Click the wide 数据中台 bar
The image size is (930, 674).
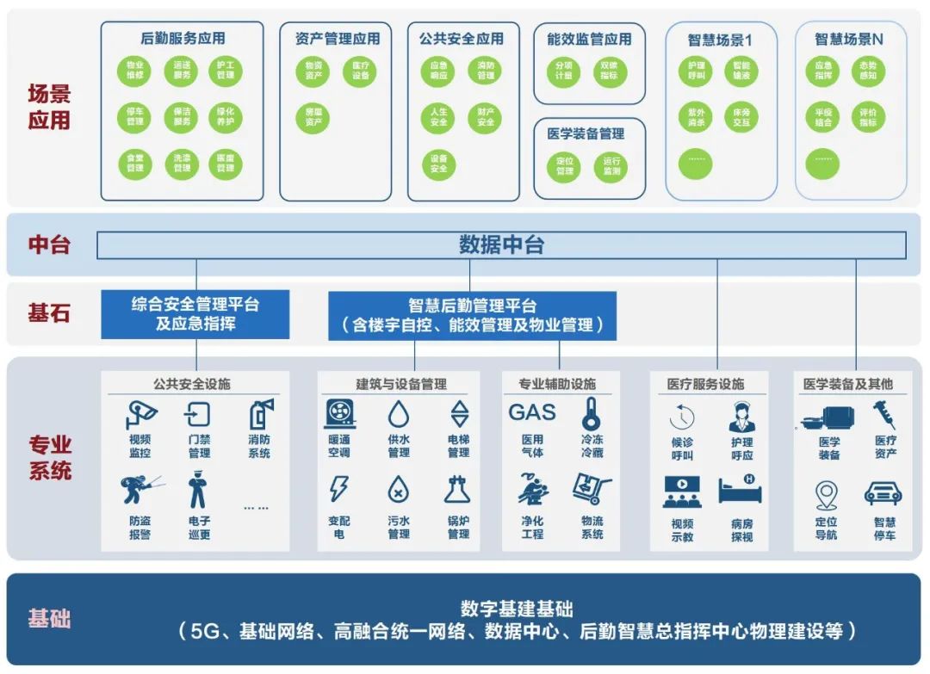point(501,245)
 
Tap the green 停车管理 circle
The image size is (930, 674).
point(135,116)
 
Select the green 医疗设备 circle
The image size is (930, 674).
point(359,71)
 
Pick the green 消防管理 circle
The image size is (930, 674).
point(486,71)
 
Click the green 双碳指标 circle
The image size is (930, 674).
point(610,71)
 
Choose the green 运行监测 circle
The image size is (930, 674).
point(611,165)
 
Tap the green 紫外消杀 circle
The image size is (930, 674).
point(696,117)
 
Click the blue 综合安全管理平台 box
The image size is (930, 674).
point(195,314)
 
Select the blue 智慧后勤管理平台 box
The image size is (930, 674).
point(472,315)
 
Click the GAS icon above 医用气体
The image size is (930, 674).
point(532,412)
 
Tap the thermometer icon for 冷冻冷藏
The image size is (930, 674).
point(591,413)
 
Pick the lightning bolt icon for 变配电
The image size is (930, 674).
point(339,489)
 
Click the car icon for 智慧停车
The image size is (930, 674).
point(883,493)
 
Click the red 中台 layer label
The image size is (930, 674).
point(49,244)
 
